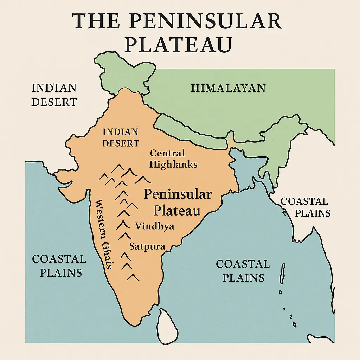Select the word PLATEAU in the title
pos(178,45)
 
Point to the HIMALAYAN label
pos(228,88)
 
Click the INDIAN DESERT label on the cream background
pos(54,95)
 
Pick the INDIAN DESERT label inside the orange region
pos(121,137)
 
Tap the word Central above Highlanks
pos(167,153)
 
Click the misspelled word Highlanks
pos(173,164)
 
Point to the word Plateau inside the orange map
pos(177,210)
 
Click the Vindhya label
pos(155,226)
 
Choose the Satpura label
pos(147,246)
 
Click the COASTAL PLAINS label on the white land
pos(304,207)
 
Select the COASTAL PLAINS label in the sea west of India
pos(59,266)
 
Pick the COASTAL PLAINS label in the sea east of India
pos(243,271)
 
